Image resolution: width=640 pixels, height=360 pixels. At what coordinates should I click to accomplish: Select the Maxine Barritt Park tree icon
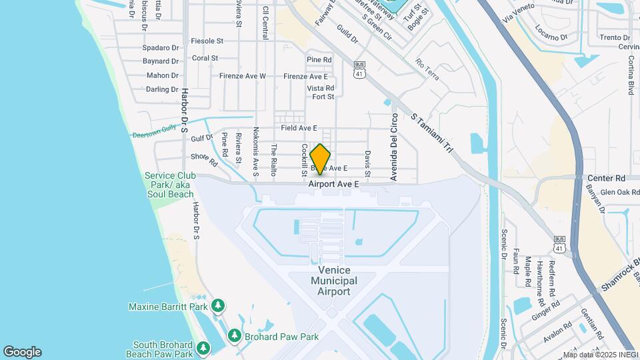pyautogui.click(x=217, y=306)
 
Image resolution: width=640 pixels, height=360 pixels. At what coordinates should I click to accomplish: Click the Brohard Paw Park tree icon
pyautogui.click(x=234, y=336)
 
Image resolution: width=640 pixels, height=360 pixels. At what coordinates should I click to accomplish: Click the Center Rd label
pyautogui.click(x=606, y=179)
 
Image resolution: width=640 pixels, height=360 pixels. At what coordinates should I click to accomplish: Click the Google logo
pyautogui.click(x=22, y=352)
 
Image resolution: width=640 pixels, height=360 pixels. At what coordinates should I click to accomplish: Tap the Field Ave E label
pyautogui.click(x=299, y=127)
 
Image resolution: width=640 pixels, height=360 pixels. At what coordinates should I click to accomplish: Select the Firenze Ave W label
pyautogui.click(x=243, y=76)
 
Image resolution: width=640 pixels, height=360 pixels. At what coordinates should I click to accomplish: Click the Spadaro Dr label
pyautogui.click(x=161, y=48)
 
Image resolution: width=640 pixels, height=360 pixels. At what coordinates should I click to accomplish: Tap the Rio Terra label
pyautogui.click(x=427, y=69)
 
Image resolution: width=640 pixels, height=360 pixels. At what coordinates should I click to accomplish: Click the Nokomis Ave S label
pyautogui.click(x=255, y=153)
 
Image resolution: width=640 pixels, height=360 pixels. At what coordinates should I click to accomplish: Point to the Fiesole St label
pyautogui.click(x=207, y=41)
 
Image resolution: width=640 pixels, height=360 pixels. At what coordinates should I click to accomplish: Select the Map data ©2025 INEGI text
pyautogui.click(x=600, y=355)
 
